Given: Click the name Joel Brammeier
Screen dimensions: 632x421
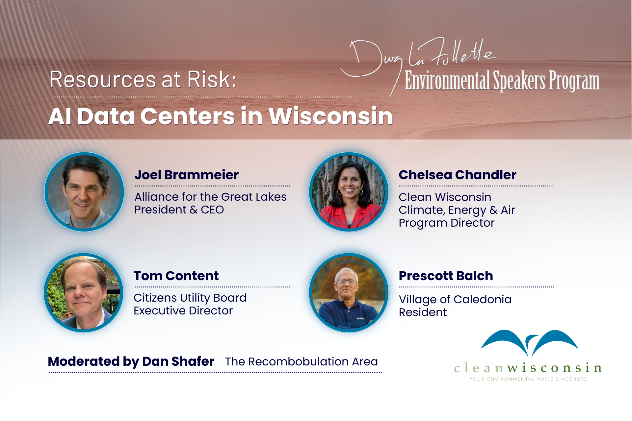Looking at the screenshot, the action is click(187, 175).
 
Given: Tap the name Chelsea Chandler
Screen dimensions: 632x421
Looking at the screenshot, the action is click(458, 175).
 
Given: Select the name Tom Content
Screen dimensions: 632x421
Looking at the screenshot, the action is click(176, 276).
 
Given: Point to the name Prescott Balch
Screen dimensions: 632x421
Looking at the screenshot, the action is click(446, 276).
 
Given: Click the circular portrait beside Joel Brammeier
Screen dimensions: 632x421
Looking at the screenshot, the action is click(85, 192).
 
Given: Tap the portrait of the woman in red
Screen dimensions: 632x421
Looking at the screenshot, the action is click(349, 192).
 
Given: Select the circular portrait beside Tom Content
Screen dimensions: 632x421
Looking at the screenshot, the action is click(84, 293).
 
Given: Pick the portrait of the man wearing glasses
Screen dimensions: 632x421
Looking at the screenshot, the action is click(349, 293).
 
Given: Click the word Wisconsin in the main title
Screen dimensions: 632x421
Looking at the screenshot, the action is click(331, 116).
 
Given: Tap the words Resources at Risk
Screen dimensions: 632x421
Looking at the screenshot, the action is click(143, 80).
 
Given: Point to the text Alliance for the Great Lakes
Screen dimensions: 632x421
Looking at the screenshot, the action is click(211, 197).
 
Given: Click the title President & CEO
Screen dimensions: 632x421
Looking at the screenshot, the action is click(179, 210).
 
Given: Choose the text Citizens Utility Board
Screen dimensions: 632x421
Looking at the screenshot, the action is click(190, 298).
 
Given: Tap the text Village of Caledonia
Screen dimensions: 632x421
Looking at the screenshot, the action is click(455, 300).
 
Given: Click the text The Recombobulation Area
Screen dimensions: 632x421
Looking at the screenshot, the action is click(302, 361).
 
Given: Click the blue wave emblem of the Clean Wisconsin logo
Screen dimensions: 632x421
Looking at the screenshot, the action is click(530, 343).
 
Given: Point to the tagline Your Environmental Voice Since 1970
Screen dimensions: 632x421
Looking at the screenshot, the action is click(528, 379).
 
